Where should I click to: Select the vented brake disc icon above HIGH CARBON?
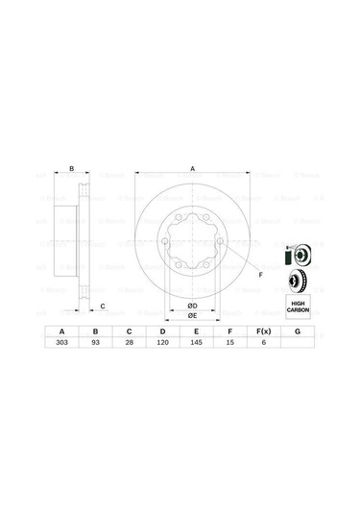click(x=299, y=281)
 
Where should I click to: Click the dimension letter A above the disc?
click(x=192, y=169)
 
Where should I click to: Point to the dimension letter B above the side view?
click(x=72, y=169)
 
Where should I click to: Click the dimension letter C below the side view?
click(x=103, y=306)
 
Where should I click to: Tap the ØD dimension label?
click(x=191, y=306)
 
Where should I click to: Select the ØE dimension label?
click(x=191, y=316)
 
